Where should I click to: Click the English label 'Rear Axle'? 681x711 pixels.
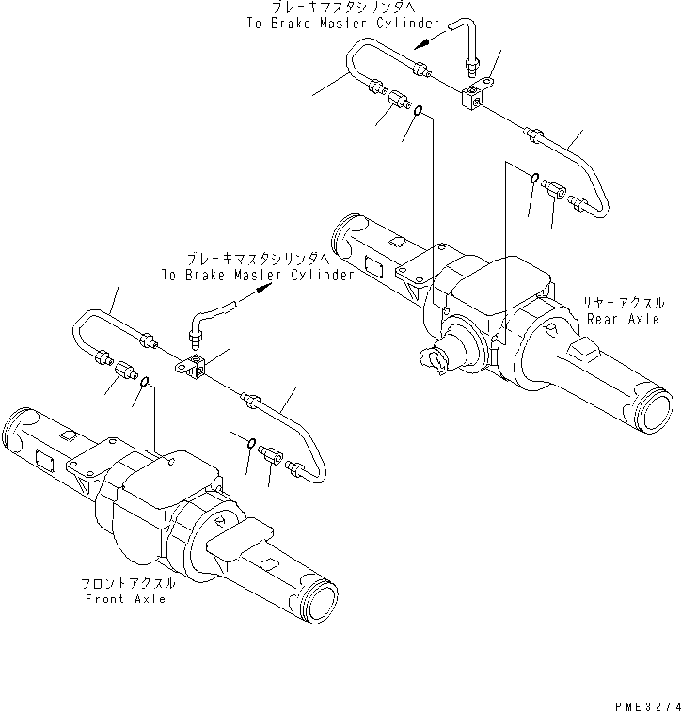pyautogui.click(x=623, y=319)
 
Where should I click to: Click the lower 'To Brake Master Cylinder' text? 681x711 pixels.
pyautogui.click(x=257, y=275)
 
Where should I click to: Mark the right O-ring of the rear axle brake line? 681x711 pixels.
pyautogui.click(x=533, y=180)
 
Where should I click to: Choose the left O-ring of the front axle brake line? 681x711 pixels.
pyautogui.click(x=145, y=383)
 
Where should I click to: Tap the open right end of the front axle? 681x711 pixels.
pyautogui.click(x=317, y=601)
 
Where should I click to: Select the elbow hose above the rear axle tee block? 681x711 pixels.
pyautogui.click(x=464, y=42)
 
